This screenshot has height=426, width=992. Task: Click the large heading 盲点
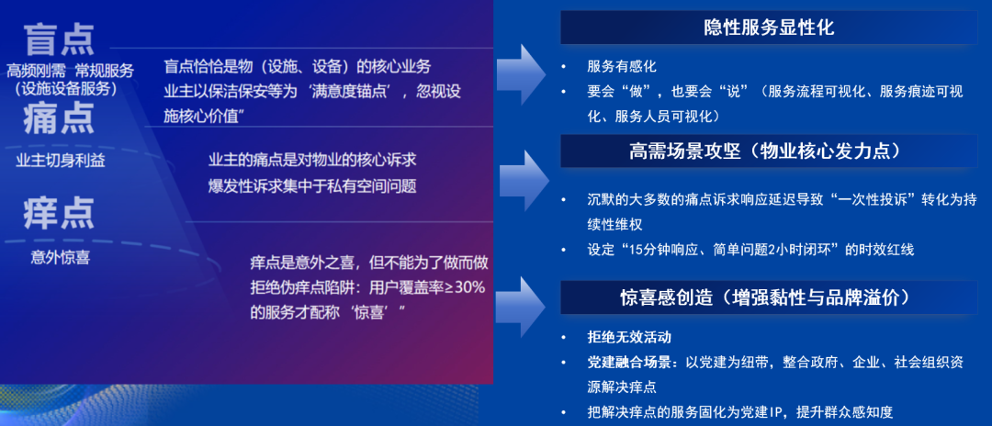[x=60, y=39]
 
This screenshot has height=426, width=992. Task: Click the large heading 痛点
[x=60, y=119]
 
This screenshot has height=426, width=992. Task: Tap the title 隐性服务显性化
[x=769, y=28]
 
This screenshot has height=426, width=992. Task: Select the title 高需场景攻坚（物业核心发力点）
[x=769, y=151]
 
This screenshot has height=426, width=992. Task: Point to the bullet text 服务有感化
[x=622, y=67]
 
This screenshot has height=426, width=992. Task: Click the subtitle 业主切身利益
[x=61, y=161]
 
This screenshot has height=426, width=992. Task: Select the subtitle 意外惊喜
[x=60, y=258]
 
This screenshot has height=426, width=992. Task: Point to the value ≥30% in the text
[x=466, y=286]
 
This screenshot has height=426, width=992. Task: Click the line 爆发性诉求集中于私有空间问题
[x=312, y=186]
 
